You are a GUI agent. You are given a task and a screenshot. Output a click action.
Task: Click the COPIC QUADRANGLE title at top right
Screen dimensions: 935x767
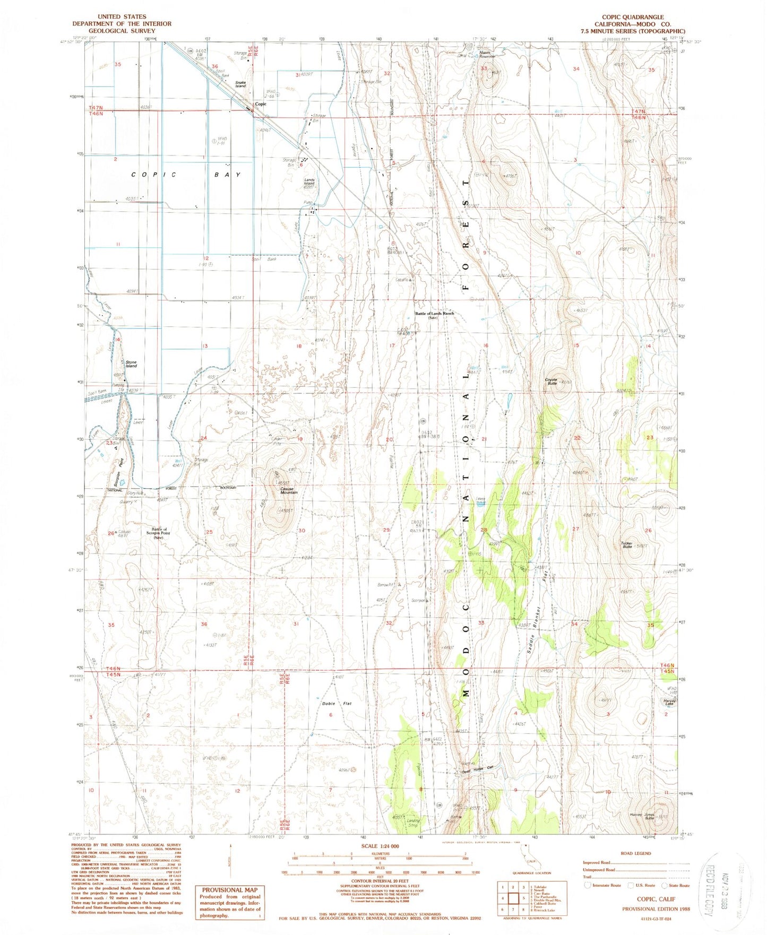(632, 17)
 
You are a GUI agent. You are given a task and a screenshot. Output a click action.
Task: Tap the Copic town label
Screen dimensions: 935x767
(260, 104)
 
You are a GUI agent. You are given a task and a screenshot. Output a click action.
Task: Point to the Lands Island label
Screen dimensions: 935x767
(309, 182)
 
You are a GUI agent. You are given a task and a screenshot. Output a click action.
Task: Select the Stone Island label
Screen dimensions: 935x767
(131, 364)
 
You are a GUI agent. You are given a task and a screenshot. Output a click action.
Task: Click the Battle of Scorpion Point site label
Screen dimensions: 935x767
(157, 533)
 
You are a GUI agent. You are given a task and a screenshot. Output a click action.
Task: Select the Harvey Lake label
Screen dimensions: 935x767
(669, 702)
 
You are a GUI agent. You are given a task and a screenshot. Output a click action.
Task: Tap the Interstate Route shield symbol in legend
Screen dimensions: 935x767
(588, 885)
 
